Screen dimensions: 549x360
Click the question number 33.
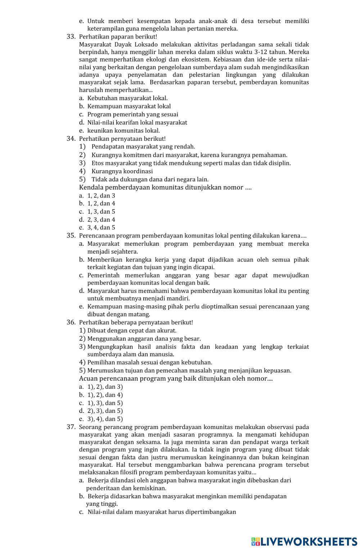click(71, 37)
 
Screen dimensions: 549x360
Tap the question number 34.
click(71, 139)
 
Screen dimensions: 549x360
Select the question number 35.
click(71, 236)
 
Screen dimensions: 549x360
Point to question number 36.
click(71, 322)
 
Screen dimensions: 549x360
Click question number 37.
click(71, 427)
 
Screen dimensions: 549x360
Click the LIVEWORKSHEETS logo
click(304, 541)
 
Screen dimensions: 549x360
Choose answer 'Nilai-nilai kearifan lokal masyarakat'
click(137, 122)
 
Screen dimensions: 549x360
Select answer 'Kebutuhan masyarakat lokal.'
click(127, 98)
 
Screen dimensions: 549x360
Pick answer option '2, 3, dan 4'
click(101, 220)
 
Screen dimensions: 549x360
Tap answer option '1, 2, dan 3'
click(101, 196)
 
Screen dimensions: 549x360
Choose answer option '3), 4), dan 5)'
click(105, 419)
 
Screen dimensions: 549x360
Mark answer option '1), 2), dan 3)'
click(105, 387)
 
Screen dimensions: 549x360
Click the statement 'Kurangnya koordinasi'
click(122, 171)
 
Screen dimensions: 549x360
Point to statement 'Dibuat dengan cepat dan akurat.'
click(132, 330)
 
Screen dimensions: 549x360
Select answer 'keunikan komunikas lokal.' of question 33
click(123, 131)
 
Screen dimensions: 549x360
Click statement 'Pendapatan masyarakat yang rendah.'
click(143, 147)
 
